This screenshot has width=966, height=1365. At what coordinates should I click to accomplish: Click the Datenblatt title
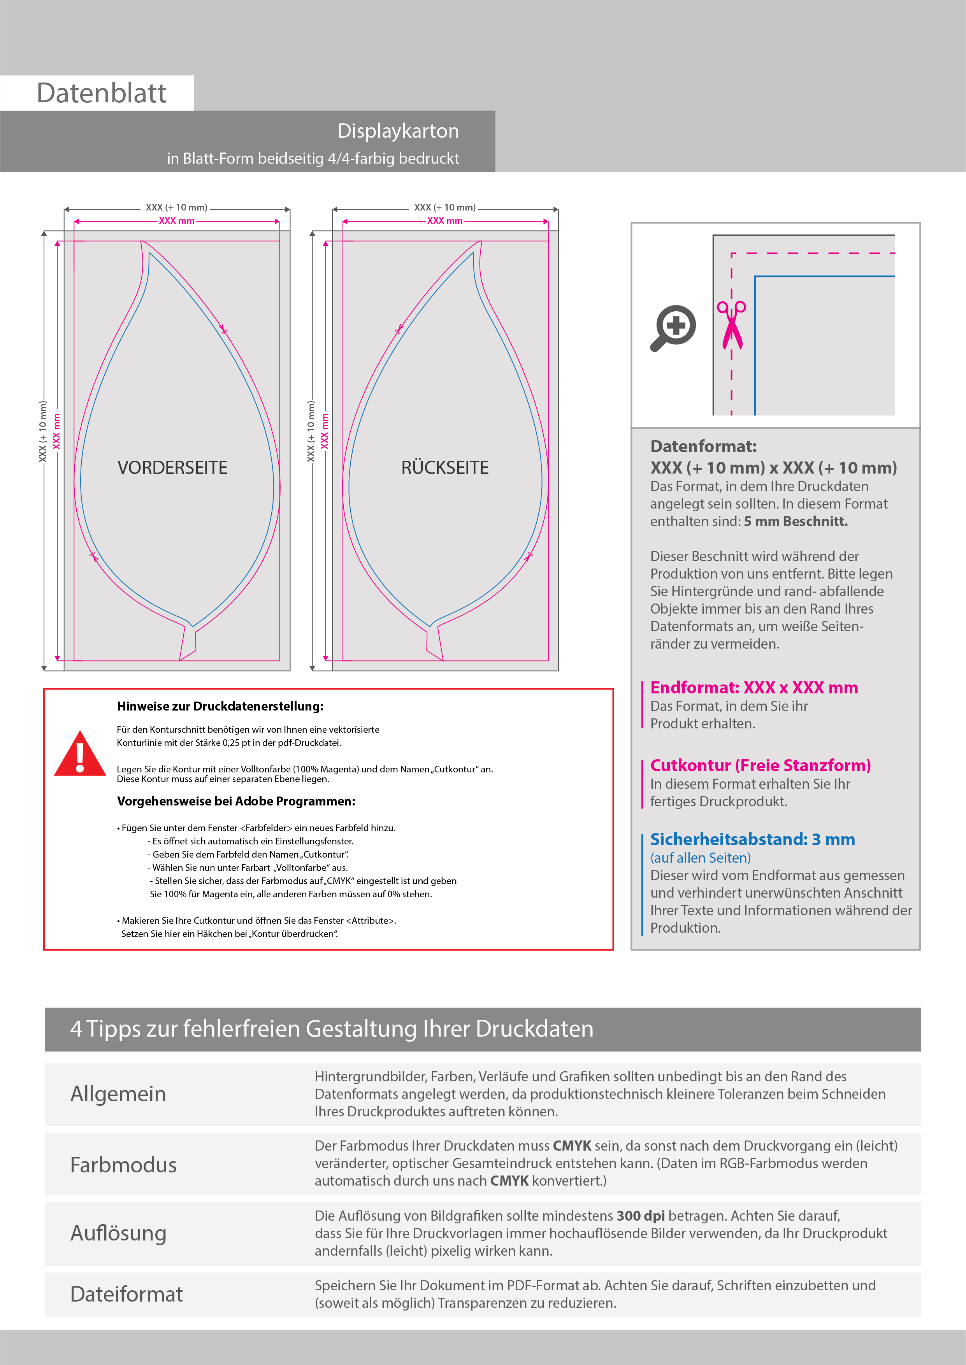[x=101, y=93]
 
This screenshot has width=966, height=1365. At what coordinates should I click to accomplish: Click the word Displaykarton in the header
[x=398, y=131]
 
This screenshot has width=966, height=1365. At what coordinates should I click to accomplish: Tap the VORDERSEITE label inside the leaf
[x=172, y=468]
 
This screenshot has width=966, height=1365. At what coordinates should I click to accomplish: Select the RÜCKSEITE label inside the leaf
[x=445, y=468]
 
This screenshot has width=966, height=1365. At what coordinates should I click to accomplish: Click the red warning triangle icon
[x=80, y=754]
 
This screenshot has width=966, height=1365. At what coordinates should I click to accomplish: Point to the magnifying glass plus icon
[x=673, y=328]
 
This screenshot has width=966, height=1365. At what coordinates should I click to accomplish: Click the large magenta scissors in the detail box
[x=732, y=325]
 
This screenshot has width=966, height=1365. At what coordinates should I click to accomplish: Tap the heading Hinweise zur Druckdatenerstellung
[x=220, y=706]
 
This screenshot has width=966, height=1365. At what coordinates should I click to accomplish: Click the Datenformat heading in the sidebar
[x=703, y=446]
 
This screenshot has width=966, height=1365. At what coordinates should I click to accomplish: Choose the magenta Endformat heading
[x=753, y=688]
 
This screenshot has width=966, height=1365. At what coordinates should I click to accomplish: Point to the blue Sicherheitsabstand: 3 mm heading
[x=752, y=839]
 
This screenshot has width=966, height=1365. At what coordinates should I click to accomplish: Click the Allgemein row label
[x=118, y=1094]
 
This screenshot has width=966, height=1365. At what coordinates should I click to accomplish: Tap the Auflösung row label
[x=118, y=1233]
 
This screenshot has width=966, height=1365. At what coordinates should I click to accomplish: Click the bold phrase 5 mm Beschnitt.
[x=796, y=521]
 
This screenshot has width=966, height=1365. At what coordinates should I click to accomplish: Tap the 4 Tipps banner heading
[x=331, y=1029]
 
